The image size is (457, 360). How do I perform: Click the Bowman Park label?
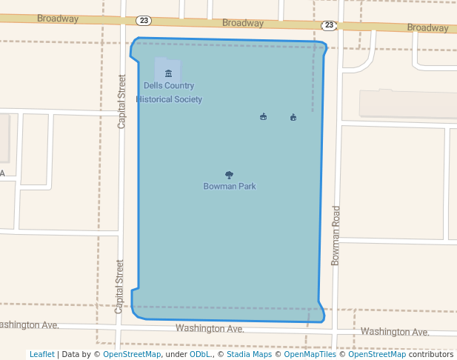pyautogui.click(x=230, y=187)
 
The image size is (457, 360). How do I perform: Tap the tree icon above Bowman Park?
pyautogui.click(x=230, y=176)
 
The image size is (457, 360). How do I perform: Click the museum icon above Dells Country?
pyautogui.click(x=168, y=73)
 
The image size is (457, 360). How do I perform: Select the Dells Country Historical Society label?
pyautogui.click(x=169, y=93)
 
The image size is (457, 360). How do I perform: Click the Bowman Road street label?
pyautogui.click(x=336, y=236)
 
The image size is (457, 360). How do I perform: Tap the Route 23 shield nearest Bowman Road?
pyautogui.click(x=329, y=25)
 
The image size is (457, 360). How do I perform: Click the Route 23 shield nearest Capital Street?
pyautogui.click(x=144, y=20)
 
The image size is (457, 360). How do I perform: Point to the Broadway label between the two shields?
pyautogui.click(x=243, y=23)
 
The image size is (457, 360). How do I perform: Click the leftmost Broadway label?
pyautogui.click(x=58, y=18)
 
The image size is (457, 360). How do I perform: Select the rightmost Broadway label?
pyautogui.click(x=427, y=28)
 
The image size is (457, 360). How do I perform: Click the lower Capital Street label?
pyautogui.click(x=119, y=286)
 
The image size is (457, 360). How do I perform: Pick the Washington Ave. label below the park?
pyautogui.click(x=210, y=328)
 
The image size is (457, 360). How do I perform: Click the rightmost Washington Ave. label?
pyautogui.click(x=395, y=332)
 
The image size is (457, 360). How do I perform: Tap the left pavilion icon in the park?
pyautogui.click(x=263, y=117)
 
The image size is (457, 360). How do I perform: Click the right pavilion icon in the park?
pyautogui.click(x=293, y=118)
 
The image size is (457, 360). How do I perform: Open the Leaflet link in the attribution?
pyautogui.click(x=41, y=354)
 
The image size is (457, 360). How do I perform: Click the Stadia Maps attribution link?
pyautogui.click(x=249, y=354)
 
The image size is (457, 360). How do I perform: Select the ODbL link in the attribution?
pyautogui.click(x=200, y=354)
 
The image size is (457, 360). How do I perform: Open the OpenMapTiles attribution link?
pyautogui.click(x=310, y=354)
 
